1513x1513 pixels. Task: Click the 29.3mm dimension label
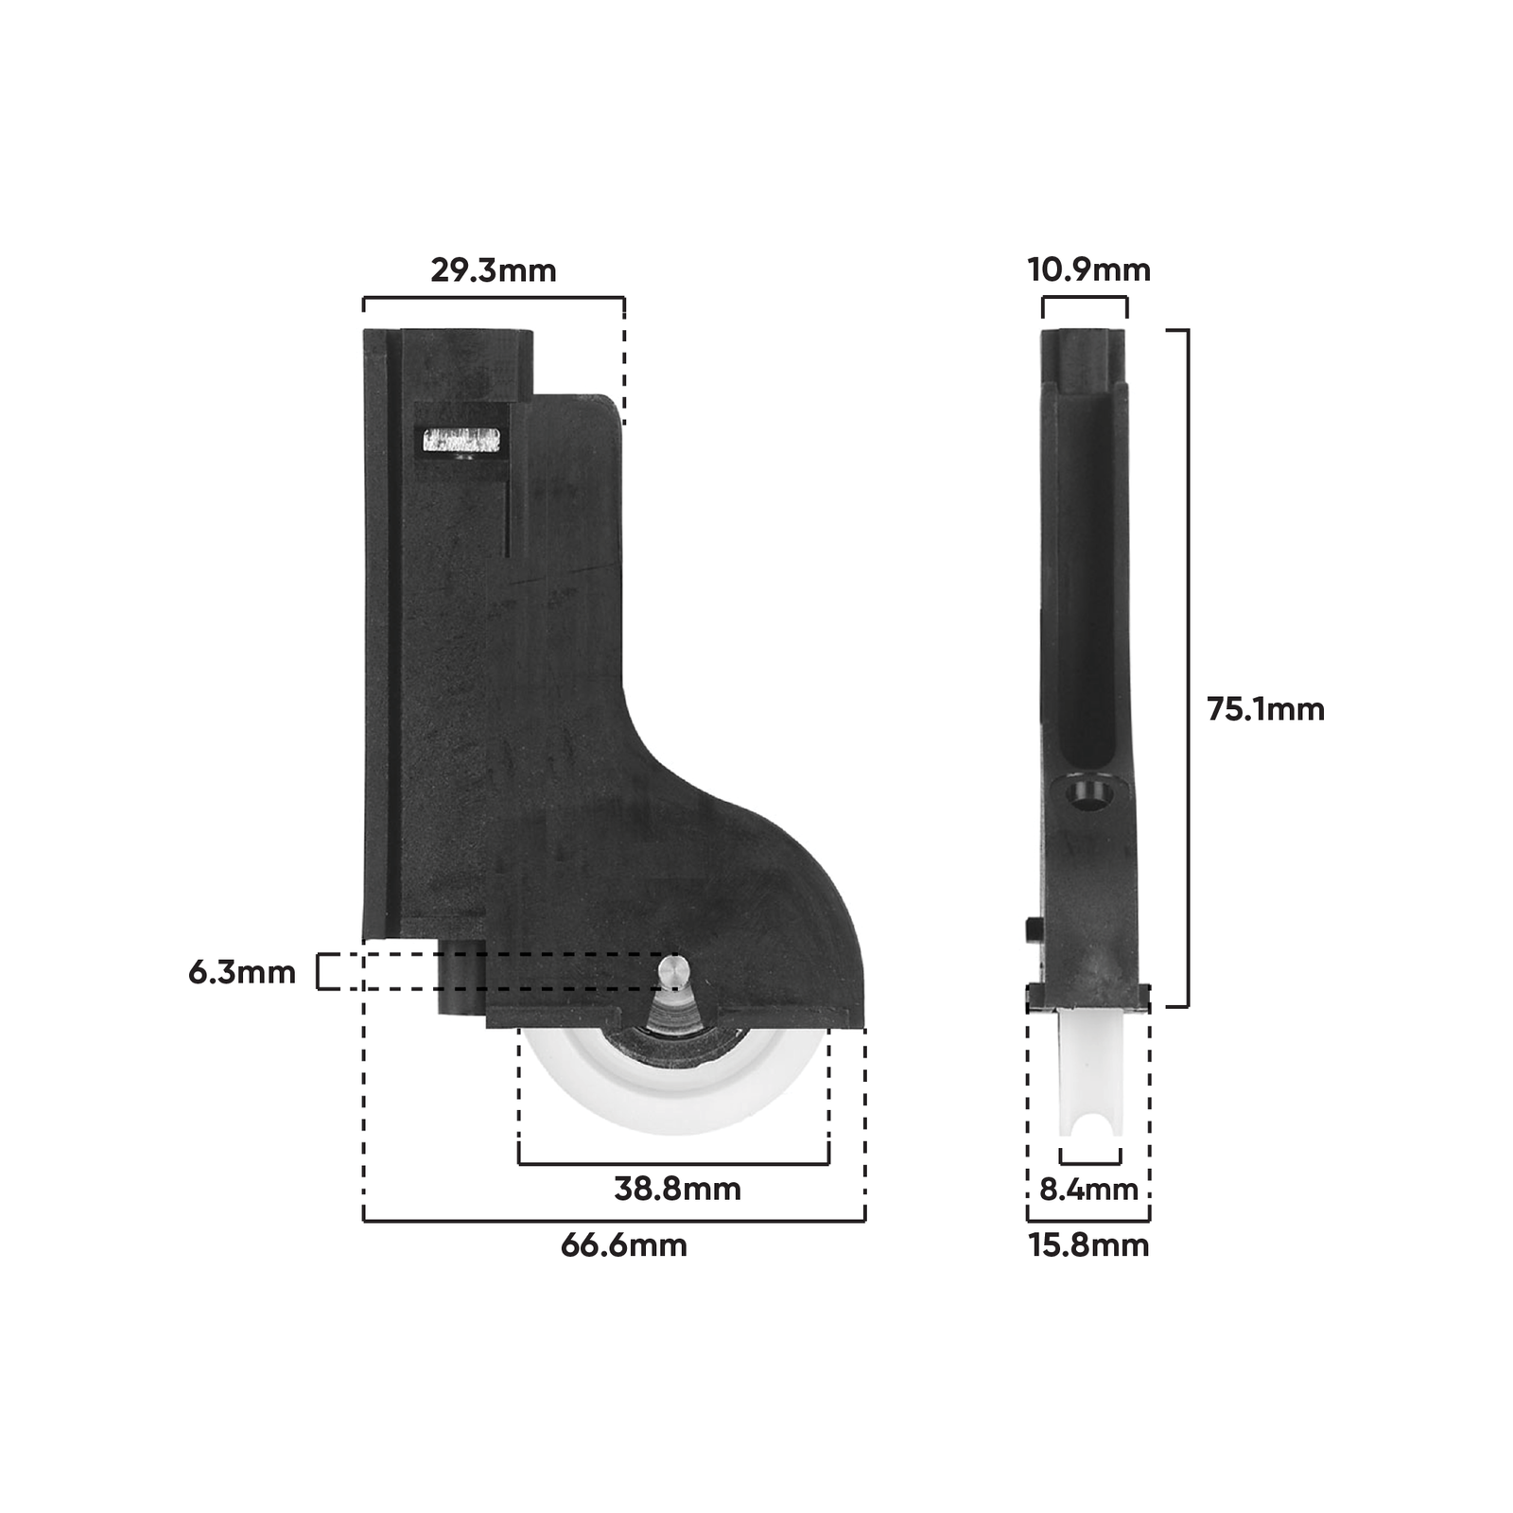[x=493, y=270]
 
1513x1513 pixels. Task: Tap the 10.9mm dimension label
[x=1088, y=270]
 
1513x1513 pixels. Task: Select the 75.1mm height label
[x=1265, y=709]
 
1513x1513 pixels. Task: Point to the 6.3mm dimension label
[x=242, y=972]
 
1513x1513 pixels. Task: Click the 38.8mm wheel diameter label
[x=677, y=1189]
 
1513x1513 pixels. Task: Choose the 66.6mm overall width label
[x=623, y=1244]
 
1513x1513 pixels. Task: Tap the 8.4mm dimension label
[x=1088, y=1189]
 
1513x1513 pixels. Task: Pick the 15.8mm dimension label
[x=1088, y=1244]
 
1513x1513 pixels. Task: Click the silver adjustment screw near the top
[x=461, y=441]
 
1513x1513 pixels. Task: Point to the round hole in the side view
[x=1085, y=794]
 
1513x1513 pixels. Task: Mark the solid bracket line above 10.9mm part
[x=1085, y=298]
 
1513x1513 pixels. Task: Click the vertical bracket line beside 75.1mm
[x=1188, y=668]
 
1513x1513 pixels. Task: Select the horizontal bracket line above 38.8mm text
[x=673, y=1163]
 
